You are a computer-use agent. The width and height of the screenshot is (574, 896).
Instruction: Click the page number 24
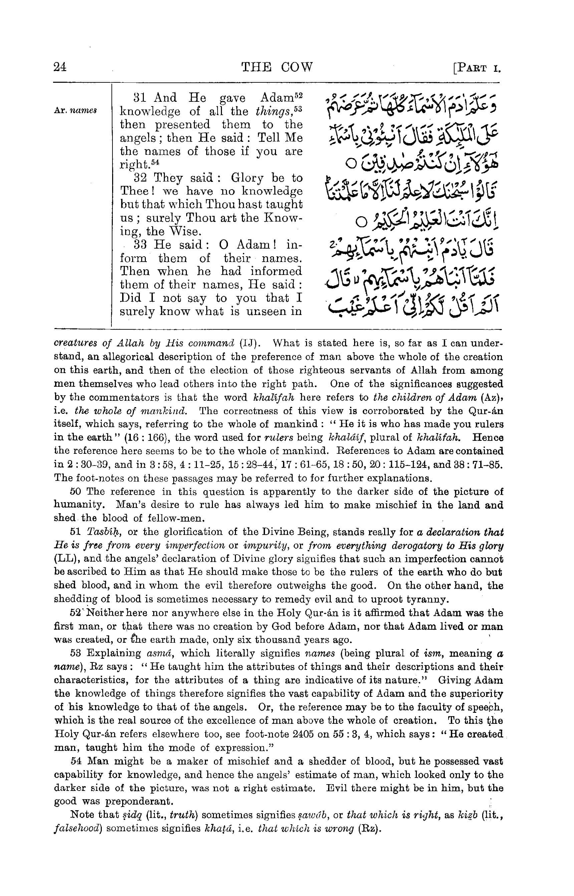click(x=60, y=67)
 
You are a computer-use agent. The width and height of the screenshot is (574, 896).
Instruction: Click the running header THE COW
click(x=277, y=67)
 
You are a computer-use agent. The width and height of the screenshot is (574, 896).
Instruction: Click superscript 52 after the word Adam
click(x=299, y=95)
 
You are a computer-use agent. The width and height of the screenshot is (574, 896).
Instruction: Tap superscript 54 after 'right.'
click(x=160, y=162)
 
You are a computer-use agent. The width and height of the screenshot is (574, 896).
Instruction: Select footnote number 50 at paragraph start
click(x=75, y=492)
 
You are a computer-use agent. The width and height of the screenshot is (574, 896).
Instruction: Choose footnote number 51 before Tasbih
click(x=75, y=532)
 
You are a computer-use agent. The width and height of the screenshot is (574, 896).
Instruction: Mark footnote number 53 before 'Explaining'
click(x=75, y=654)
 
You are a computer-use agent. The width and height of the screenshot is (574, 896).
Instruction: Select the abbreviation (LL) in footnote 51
click(x=64, y=559)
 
